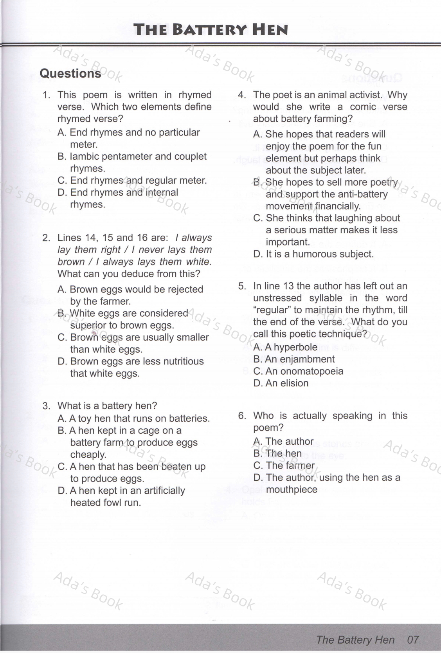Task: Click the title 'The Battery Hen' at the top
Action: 211,30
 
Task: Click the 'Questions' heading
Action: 70,74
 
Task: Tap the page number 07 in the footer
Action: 413,640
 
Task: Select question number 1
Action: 46,95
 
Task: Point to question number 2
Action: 46,238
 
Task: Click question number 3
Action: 46,406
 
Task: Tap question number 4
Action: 242,95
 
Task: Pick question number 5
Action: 242,286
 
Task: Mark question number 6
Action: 242,416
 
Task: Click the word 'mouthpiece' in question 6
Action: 292,490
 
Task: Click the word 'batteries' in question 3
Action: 190,418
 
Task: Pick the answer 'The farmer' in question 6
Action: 290,465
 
